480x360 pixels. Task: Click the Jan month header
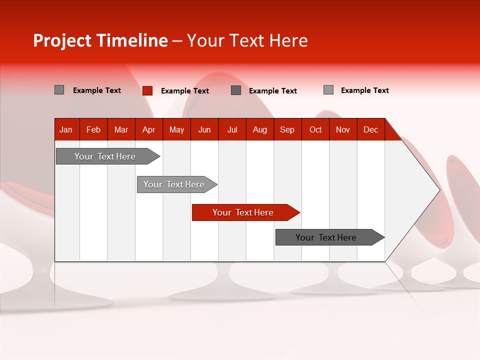tap(66, 129)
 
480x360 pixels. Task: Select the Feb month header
tap(93, 129)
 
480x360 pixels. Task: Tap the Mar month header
tap(121, 129)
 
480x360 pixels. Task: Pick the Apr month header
tap(149, 129)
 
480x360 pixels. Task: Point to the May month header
tap(176, 129)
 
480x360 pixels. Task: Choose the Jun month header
tap(204, 129)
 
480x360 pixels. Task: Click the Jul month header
tap(232, 129)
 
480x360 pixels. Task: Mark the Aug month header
tap(260, 129)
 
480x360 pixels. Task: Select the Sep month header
tap(287, 129)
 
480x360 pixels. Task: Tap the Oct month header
tap(315, 129)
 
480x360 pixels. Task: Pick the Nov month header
tap(343, 129)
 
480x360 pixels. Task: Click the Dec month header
tap(371, 129)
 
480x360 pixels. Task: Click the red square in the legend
tap(147, 90)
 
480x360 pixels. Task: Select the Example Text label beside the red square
tap(185, 91)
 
